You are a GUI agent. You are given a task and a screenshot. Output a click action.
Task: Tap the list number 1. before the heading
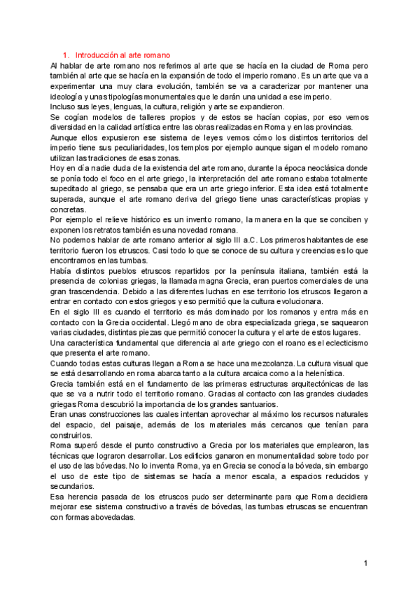point(66,55)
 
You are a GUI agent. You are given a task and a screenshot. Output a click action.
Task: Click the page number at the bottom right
point(365,562)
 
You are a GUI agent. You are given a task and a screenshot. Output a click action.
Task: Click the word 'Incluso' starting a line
point(64,106)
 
